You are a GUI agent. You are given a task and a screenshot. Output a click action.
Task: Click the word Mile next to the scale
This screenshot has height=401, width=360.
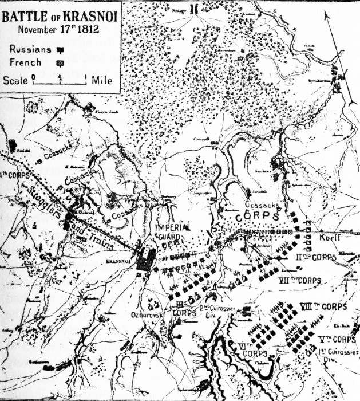click(x=101, y=80)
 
